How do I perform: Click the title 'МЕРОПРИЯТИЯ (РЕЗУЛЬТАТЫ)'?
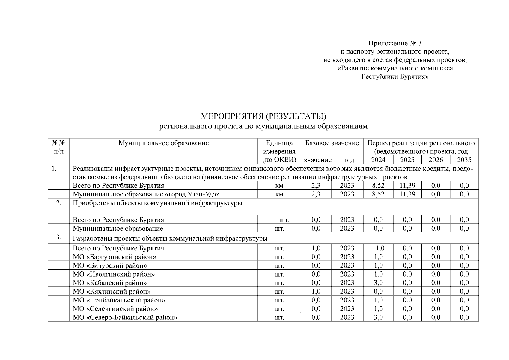[263, 116]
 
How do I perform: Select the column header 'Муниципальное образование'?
[163, 143]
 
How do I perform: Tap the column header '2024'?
[378, 160]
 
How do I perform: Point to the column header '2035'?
[464, 160]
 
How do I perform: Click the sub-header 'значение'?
[317, 160]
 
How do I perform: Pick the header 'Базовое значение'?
[332, 143]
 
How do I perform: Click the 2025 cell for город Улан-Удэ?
[407, 194]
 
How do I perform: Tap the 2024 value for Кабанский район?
[378, 283]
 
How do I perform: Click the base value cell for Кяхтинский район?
[316, 292]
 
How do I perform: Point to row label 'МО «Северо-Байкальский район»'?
[125, 317]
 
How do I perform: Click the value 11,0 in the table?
[378, 248]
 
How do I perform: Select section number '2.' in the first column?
[59, 203]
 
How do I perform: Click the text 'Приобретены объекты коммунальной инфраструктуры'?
[157, 203]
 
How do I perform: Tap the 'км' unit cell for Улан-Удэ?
[279, 194]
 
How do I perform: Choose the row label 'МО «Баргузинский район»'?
[115, 257]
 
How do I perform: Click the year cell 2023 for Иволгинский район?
[347, 274]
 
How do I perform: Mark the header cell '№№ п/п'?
[59, 147]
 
